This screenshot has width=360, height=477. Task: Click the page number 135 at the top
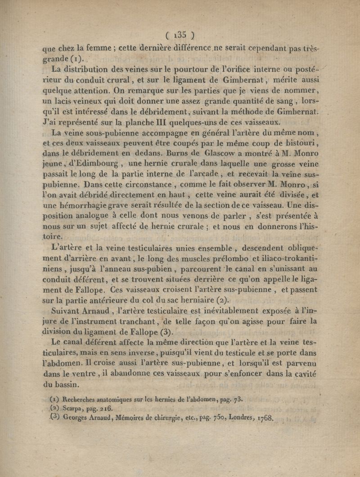coord(180,35)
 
